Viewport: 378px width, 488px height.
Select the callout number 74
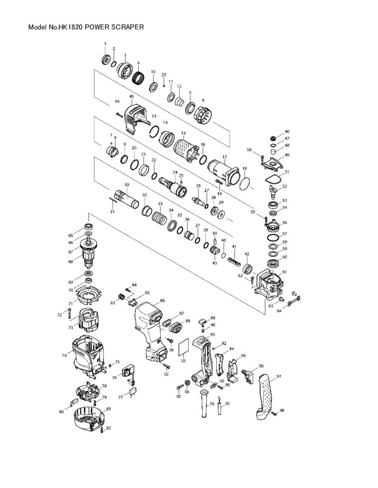pyautogui.click(x=64, y=355)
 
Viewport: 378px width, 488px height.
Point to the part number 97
pyautogui.click(x=278, y=376)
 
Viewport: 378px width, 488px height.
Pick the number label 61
pyautogui.click(x=285, y=272)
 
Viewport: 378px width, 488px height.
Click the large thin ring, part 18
pyautogui.click(x=245, y=183)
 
